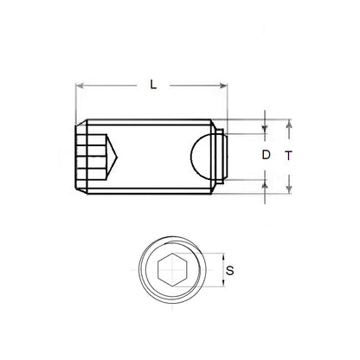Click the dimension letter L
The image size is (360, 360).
(152, 84)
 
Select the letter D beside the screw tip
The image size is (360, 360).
(266, 156)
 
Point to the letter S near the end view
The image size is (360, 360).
(228, 271)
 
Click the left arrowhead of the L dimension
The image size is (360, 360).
(80, 85)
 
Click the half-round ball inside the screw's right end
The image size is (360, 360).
(203, 157)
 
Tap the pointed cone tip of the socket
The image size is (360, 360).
(114, 157)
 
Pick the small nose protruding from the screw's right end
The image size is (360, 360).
(223, 157)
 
